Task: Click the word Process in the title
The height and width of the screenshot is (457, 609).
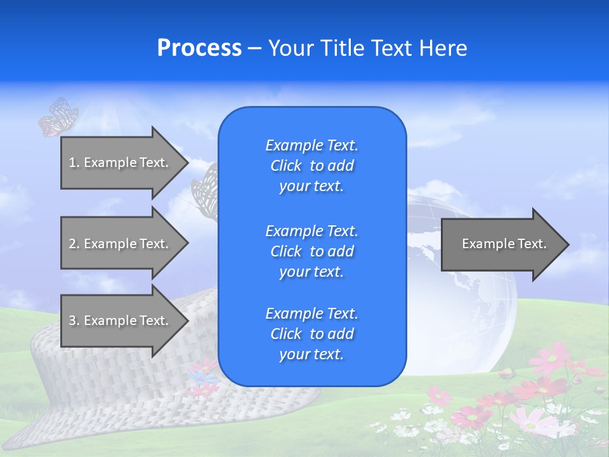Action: (199, 48)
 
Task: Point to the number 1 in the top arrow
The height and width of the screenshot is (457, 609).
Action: (72, 162)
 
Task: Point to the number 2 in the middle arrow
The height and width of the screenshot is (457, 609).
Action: (72, 244)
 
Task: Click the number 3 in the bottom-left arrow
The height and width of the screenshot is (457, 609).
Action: (72, 321)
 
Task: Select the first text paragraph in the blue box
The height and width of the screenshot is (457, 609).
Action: (312, 166)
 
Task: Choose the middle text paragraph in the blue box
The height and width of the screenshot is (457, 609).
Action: (312, 251)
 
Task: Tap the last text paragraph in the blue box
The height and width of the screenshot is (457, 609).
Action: (312, 334)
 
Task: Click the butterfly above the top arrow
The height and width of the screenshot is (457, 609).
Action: (58, 117)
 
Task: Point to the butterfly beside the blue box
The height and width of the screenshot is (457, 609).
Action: (205, 187)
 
